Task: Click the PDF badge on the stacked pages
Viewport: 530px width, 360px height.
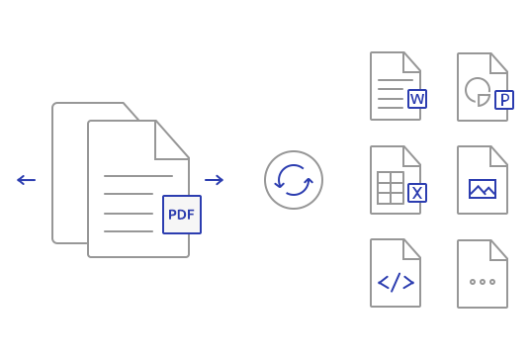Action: pyautogui.click(x=182, y=215)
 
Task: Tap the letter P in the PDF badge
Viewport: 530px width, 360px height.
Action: pyautogui.click(x=172, y=215)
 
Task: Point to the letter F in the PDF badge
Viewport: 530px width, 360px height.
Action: pyautogui.click(x=191, y=215)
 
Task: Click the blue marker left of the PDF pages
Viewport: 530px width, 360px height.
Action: pyautogui.click(x=24, y=180)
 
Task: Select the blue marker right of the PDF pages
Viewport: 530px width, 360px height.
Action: pyautogui.click(x=217, y=180)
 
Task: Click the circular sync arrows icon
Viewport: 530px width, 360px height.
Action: pyautogui.click(x=294, y=180)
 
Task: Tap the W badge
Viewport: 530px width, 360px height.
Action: pyautogui.click(x=417, y=99)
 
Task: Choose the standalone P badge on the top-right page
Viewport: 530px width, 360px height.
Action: pyautogui.click(x=504, y=100)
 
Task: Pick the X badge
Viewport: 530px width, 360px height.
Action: pyautogui.click(x=417, y=193)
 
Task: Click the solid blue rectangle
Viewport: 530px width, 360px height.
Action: pyautogui.click(x=483, y=189)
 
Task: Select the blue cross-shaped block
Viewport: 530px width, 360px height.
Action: pyautogui.click(x=396, y=282)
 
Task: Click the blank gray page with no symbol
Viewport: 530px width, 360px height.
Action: pyautogui.click(x=483, y=274)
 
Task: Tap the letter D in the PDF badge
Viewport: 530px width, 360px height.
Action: pyautogui.click(x=182, y=215)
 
